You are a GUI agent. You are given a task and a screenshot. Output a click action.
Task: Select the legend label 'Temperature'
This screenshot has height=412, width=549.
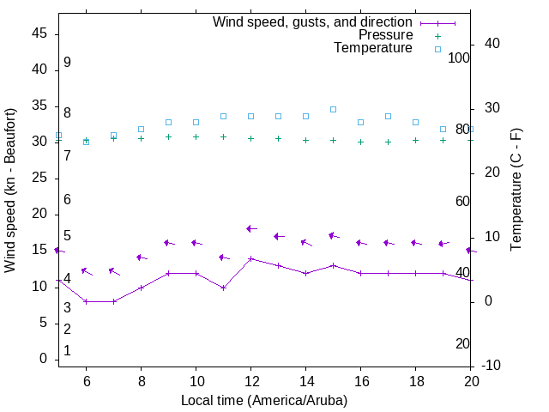(373, 48)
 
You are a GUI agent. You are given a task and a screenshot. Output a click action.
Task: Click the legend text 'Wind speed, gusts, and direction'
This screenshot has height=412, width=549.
(313, 22)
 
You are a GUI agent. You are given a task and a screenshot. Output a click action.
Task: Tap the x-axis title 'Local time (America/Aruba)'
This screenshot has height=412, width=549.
(264, 400)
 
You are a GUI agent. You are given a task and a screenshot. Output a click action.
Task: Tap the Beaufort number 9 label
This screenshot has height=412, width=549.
(67, 63)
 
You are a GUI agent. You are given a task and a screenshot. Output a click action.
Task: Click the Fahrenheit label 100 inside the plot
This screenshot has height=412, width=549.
(460, 58)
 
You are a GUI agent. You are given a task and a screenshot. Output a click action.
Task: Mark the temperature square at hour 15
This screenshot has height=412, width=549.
(333, 109)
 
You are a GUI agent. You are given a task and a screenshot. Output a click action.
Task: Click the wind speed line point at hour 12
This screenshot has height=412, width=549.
(250, 258)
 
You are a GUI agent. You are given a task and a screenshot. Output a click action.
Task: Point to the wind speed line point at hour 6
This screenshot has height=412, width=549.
(86, 301)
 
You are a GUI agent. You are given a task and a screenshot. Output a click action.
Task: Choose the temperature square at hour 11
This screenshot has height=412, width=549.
(223, 116)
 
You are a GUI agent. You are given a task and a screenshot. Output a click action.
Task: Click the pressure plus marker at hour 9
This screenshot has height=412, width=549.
(168, 136)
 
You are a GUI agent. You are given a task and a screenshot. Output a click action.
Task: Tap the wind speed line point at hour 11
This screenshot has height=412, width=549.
(223, 288)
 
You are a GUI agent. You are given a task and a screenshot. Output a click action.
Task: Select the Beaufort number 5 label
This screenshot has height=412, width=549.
(67, 236)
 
